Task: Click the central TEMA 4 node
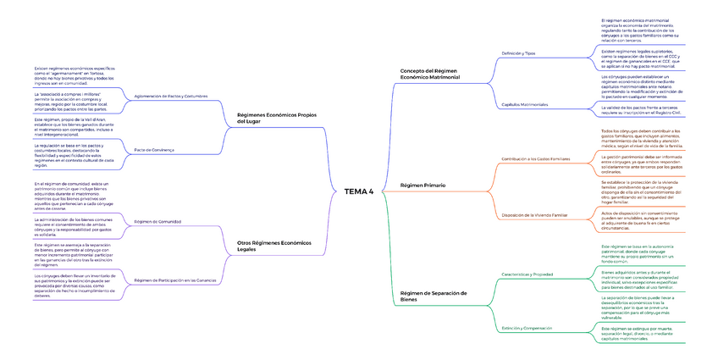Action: (x=358, y=191)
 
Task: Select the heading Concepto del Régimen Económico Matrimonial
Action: (x=429, y=74)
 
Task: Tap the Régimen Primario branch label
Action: (x=423, y=185)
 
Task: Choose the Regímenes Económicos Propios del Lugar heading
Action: (x=277, y=118)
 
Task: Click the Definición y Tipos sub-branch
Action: (x=518, y=53)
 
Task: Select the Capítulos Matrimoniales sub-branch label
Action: (x=525, y=104)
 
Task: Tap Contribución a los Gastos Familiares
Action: (x=536, y=158)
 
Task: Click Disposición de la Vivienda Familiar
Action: (x=534, y=215)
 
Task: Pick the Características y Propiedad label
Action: (x=527, y=274)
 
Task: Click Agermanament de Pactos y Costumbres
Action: (x=171, y=97)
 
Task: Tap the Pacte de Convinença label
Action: (x=154, y=150)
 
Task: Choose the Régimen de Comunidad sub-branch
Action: (x=157, y=221)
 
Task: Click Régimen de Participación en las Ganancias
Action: (x=174, y=280)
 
